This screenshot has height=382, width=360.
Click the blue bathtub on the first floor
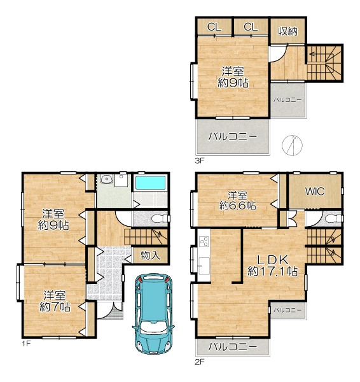click(x=151, y=183)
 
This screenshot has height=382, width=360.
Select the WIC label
click(x=315, y=191)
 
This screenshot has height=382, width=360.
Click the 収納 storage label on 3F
click(x=287, y=31)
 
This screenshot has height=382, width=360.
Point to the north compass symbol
click(x=293, y=145)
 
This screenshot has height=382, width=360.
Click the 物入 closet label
click(x=151, y=255)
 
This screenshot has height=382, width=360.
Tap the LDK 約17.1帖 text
click(x=273, y=265)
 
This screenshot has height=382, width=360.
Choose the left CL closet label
click(x=214, y=27)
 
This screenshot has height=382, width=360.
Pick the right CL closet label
click(x=251, y=27)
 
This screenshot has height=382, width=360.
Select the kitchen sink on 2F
click(x=204, y=265)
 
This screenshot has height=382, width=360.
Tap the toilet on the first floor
click(x=160, y=218)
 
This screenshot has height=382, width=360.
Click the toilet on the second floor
click(x=334, y=218)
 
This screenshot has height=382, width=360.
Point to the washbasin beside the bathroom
click(x=106, y=180)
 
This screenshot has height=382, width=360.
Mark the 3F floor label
click(x=199, y=160)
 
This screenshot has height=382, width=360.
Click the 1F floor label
click(x=26, y=344)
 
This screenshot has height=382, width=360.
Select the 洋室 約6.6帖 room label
click(x=237, y=201)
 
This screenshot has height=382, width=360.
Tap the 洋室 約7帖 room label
click(x=55, y=301)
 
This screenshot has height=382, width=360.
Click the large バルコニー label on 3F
click(x=232, y=137)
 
